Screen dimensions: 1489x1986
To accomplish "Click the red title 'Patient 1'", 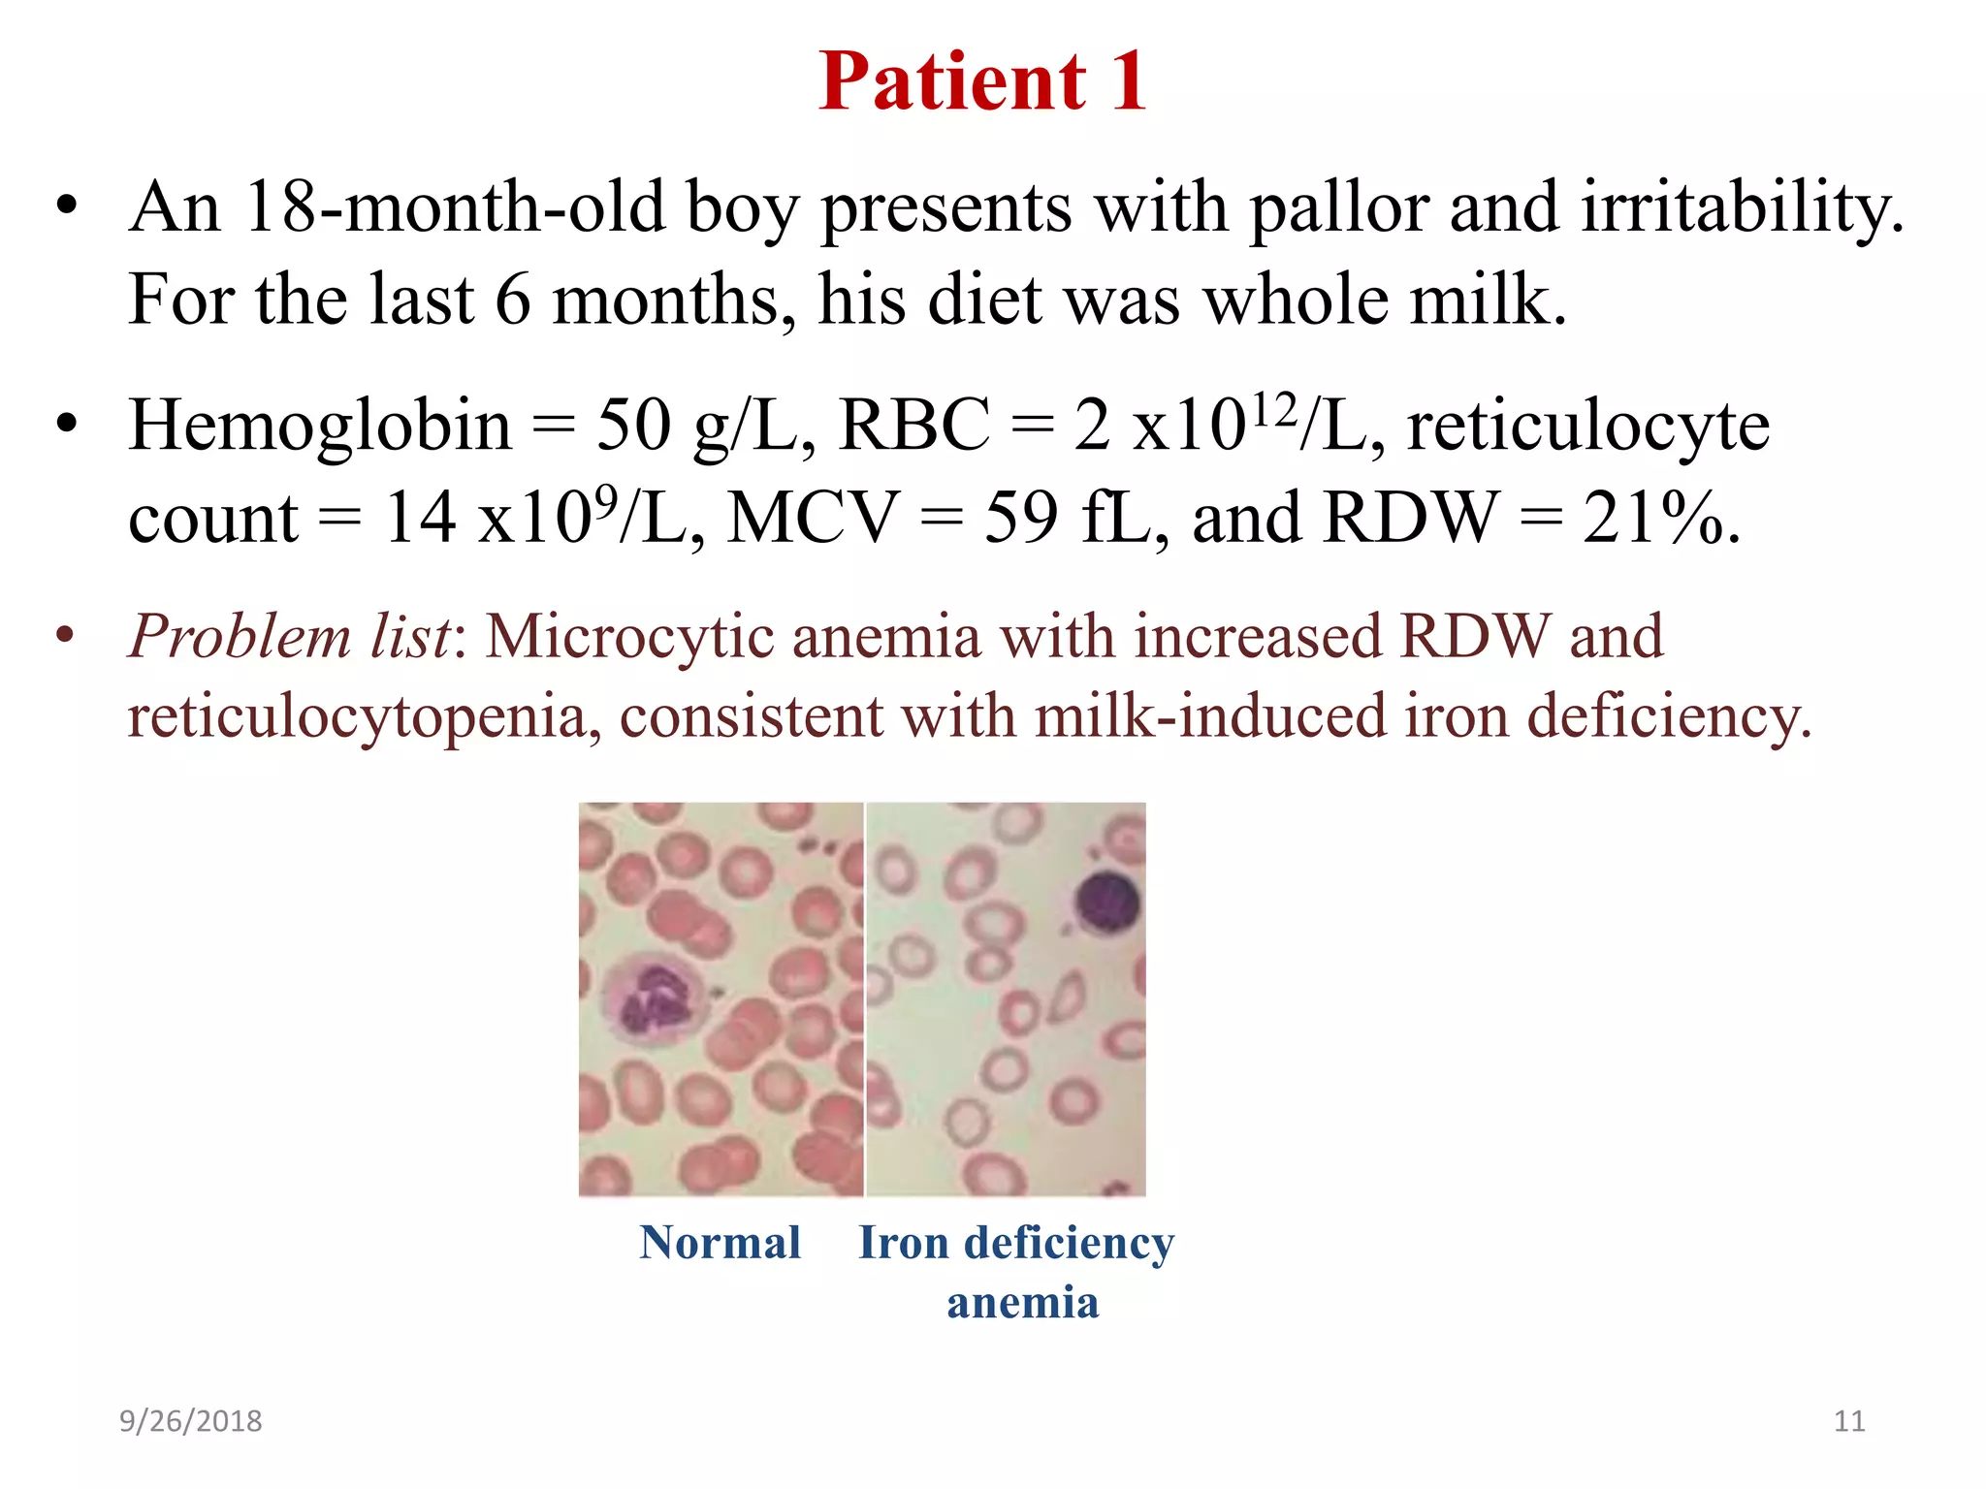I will pos(982,81).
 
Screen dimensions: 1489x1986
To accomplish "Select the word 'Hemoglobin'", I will pos(320,427).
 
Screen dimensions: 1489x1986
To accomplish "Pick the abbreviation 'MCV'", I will pos(813,518).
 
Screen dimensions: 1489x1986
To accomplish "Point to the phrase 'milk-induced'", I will pos(1209,718).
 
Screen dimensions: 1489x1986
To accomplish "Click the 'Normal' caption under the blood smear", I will pos(720,1243).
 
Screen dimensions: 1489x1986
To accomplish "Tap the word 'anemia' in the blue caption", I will pos(1023,1303).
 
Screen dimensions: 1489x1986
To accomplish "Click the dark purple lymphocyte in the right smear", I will pos(1107,902).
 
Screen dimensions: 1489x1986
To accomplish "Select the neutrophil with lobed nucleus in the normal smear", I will pos(650,998).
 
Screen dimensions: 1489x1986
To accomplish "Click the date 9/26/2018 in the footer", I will pos(190,1421).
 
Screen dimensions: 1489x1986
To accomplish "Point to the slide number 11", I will pos(1849,1421).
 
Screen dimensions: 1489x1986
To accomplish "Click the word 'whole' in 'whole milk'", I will pos(1295,301).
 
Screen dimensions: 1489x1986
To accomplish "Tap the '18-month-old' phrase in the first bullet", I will pos(454,208).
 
